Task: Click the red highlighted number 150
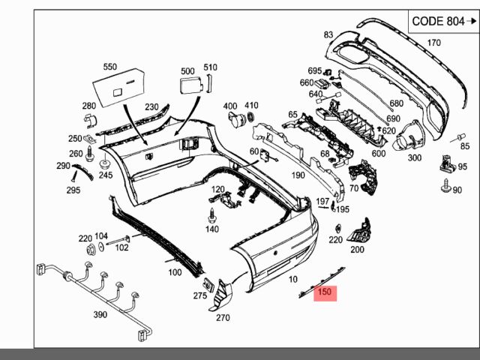tap(325, 292)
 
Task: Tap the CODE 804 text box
tap(443, 22)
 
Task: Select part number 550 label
tap(110, 67)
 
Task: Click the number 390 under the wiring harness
tap(100, 314)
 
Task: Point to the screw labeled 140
tap(211, 215)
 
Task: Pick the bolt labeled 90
tap(445, 185)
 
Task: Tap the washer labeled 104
tap(101, 247)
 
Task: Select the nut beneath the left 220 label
tap(91, 250)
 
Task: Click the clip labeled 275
tap(209, 285)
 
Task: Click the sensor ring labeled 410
tap(251, 117)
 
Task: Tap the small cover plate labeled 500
tap(191, 85)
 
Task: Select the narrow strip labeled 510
tap(209, 83)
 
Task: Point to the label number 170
tap(433, 43)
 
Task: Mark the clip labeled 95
tap(448, 163)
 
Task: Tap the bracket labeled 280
tap(90, 121)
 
